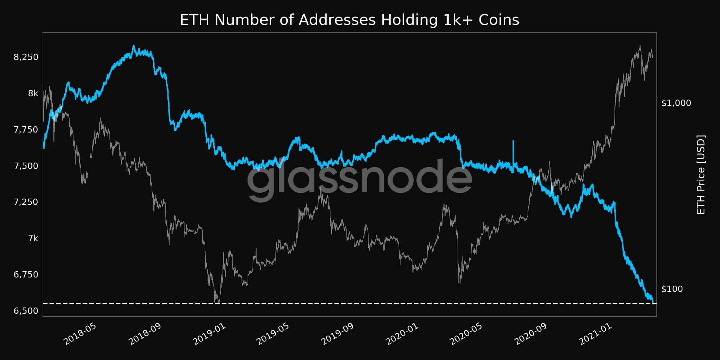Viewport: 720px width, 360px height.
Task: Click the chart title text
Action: [349, 20]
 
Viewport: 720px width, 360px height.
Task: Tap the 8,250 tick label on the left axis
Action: [26, 57]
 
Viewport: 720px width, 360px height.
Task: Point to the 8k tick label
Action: [33, 93]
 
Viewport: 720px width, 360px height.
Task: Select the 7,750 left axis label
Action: [26, 130]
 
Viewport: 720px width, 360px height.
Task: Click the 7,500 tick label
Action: [26, 166]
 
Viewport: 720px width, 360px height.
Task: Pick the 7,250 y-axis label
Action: [26, 202]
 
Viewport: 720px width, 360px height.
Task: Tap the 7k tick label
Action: [33, 238]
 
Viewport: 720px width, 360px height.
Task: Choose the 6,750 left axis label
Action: [26, 274]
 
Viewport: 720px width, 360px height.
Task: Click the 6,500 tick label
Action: [26, 311]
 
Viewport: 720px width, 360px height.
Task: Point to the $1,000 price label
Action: [676, 103]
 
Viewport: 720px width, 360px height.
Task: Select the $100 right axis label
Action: [672, 289]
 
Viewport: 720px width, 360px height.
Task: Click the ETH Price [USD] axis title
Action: [701, 175]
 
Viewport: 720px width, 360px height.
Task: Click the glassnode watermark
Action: [359, 180]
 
